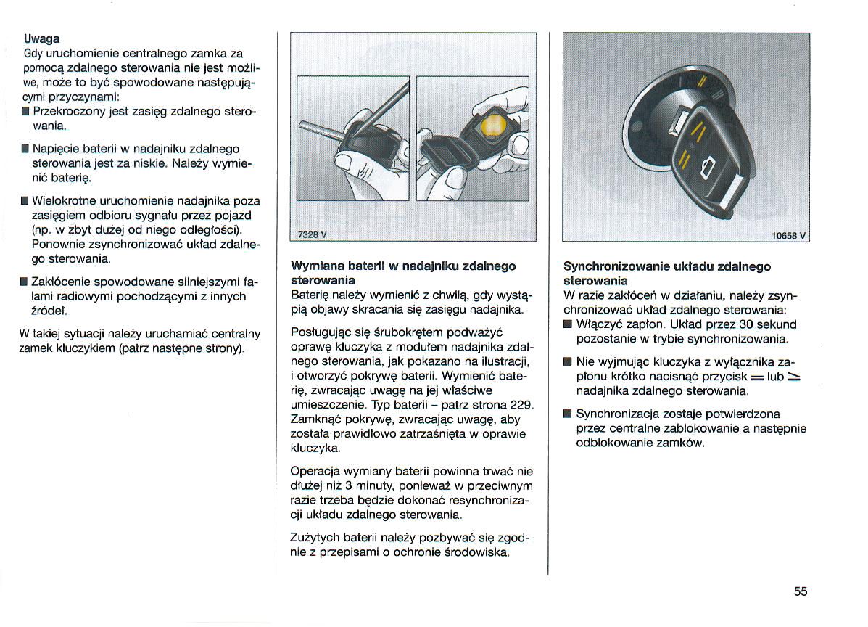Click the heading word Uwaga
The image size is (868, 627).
click(41, 38)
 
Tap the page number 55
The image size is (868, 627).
click(800, 591)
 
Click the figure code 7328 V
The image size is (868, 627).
click(313, 234)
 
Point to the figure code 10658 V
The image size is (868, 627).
click(789, 234)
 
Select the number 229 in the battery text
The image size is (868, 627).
click(520, 404)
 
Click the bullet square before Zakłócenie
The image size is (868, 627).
click(25, 282)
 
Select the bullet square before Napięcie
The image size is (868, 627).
click(25, 149)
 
